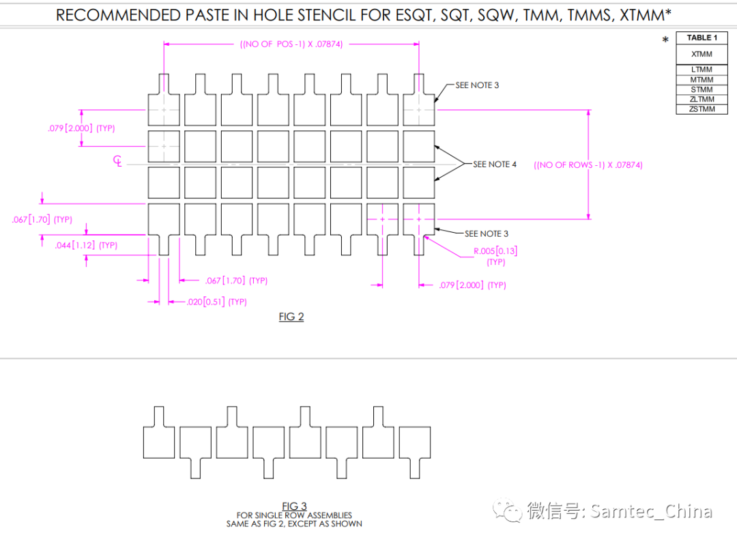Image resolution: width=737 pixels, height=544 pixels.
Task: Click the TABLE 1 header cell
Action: tap(702, 38)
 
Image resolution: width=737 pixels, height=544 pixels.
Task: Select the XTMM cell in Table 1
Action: tap(702, 54)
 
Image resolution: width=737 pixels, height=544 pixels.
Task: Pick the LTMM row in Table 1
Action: tap(702, 70)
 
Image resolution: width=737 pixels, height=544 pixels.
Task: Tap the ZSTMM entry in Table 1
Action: tap(702, 109)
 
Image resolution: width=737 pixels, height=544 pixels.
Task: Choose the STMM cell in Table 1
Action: tap(702, 89)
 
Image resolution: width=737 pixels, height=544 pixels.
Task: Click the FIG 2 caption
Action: tap(291, 317)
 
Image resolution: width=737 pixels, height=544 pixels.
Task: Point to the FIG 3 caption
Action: tap(294, 506)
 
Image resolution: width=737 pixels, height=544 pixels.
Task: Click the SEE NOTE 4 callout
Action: tap(495, 164)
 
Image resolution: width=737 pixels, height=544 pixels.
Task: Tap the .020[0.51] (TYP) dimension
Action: tap(216, 302)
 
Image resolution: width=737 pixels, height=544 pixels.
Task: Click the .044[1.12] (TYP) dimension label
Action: tap(86, 245)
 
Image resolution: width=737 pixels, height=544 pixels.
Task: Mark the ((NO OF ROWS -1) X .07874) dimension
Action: tap(588, 165)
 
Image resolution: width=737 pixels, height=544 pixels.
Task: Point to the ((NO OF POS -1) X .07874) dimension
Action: tap(291, 44)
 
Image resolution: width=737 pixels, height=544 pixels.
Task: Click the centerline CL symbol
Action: tap(118, 161)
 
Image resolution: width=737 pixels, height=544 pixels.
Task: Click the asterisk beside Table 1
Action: tap(665, 41)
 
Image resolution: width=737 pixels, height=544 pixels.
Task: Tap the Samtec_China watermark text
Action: tap(651, 511)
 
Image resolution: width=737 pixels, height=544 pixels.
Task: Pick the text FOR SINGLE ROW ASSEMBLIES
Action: tap(294, 515)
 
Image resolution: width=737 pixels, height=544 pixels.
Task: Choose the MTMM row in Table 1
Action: tap(702, 80)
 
